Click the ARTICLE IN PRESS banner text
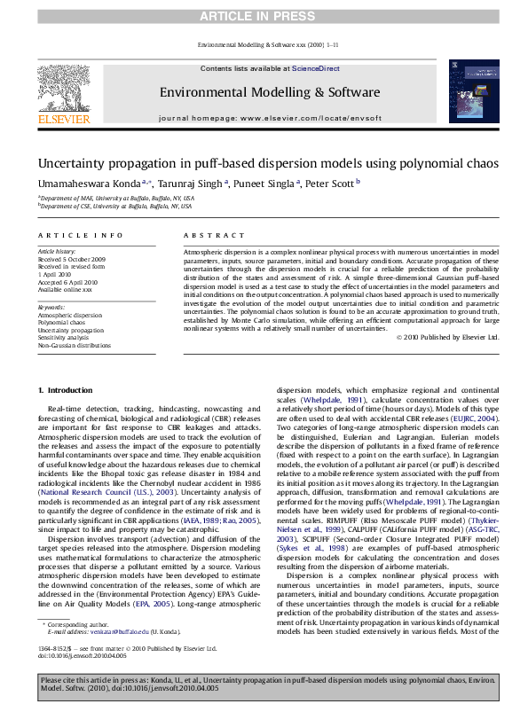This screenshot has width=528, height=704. pyautogui.click(x=264, y=18)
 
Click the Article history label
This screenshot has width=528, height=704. pyautogui.click(x=56, y=252)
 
